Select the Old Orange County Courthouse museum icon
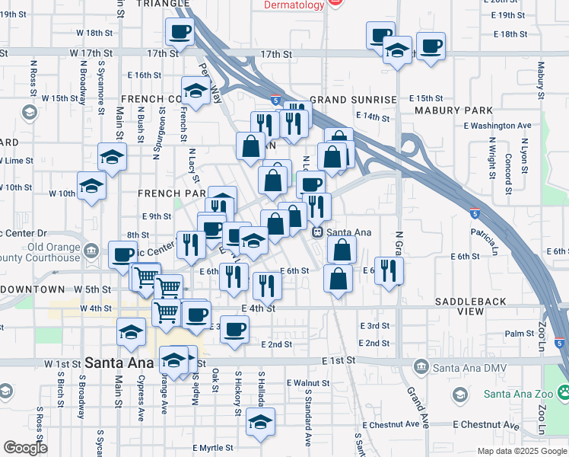tap(91, 251)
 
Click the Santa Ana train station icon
tap(318, 232)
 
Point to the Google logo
tap(24, 448)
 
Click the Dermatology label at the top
tap(294, 5)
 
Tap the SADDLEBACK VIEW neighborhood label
tap(470, 307)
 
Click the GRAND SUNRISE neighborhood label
tap(353, 100)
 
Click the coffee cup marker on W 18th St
tap(180, 32)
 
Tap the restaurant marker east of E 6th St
tap(389, 271)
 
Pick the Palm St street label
tap(520, 334)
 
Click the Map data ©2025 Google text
tap(521, 451)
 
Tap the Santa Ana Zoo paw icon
tap(563, 394)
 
